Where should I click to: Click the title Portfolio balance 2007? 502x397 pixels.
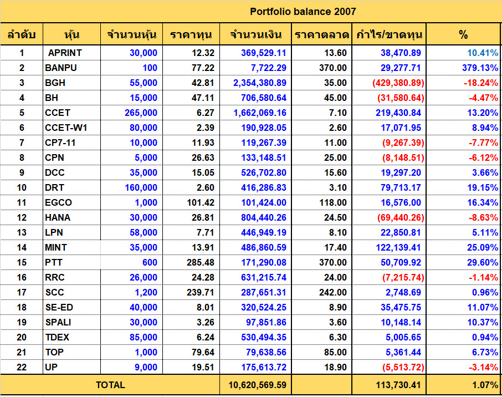pos(303,12)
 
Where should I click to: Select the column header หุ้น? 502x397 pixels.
pos(71,34)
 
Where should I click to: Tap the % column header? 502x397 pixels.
pos(463,34)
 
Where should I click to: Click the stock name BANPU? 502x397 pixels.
pos(61,68)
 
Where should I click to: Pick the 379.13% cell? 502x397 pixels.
pos(480,68)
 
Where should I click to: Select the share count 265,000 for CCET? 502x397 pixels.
pos(141,113)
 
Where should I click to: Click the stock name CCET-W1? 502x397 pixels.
pos(66,128)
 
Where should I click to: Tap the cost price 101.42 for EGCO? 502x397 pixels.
pos(201,202)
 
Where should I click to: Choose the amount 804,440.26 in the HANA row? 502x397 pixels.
pos(264,217)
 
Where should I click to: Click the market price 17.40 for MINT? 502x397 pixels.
pos(335,247)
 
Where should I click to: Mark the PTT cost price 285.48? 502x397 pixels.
pos(201,262)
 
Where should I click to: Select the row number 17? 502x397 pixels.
pos(22,292)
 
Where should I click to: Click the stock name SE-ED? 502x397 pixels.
pos(59,307)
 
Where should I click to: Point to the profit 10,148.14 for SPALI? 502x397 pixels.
pos(401,322)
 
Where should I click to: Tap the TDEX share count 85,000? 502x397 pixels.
pos(144,338)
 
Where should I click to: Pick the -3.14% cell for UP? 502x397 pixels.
pos(483,367)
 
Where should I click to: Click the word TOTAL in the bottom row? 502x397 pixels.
pos(110,385)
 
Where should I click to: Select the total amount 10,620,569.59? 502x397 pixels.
pos(258,385)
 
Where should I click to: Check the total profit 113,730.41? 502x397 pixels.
pos(398,385)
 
